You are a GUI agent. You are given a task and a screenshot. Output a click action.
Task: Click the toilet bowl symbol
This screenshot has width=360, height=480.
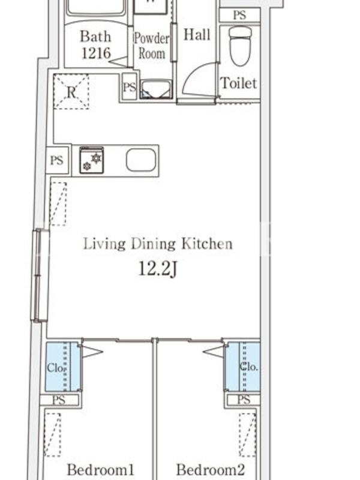[x=240, y=46]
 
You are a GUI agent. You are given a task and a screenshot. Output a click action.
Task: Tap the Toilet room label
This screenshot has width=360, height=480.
[x=239, y=83]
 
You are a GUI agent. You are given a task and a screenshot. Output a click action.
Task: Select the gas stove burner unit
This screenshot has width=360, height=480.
[x=92, y=160]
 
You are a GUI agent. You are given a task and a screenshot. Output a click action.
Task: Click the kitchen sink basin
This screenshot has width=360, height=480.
[x=141, y=160]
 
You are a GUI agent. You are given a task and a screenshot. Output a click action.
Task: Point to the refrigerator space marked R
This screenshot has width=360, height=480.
[x=71, y=92]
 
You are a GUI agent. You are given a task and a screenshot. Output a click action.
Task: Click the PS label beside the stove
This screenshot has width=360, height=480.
[x=56, y=160]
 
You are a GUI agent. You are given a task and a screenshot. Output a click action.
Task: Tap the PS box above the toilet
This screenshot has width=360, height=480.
[x=239, y=15]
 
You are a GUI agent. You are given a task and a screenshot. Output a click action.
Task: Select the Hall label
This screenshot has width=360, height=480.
[x=197, y=35]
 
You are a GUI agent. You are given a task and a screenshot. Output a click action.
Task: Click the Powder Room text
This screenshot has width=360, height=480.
[x=152, y=46]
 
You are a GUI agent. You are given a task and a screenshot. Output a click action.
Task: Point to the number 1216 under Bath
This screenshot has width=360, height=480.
[x=96, y=53]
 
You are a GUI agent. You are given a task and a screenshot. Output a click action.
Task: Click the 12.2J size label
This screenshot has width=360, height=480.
[x=158, y=269]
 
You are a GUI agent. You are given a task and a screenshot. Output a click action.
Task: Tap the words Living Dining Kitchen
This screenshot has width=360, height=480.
[x=158, y=244]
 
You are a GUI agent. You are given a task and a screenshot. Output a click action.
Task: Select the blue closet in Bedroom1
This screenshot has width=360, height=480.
[x=63, y=367]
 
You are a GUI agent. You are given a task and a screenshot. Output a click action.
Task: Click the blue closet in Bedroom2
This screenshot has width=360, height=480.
[x=243, y=367]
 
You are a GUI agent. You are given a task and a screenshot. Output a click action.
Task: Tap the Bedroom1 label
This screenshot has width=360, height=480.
[x=100, y=470]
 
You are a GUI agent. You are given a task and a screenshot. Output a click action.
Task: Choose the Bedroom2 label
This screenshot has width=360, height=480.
[x=211, y=470]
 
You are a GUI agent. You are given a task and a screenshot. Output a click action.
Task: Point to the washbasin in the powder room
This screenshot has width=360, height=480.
[x=156, y=89]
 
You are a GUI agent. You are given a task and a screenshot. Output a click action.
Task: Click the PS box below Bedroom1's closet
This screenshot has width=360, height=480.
[x=59, y=400]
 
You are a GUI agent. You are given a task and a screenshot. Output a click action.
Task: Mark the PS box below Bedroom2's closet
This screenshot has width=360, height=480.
[x=244, y=400]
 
